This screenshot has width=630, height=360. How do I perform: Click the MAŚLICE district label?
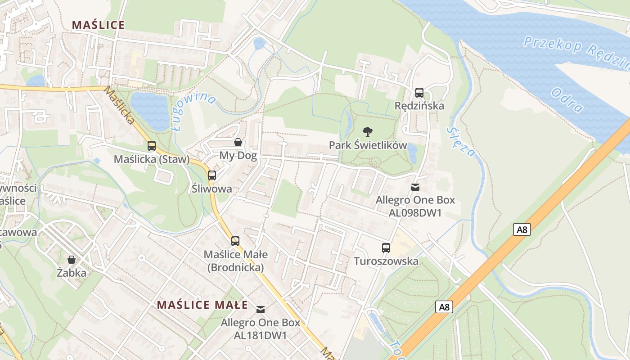point(98,25)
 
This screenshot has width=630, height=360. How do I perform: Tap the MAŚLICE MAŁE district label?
point(202,305)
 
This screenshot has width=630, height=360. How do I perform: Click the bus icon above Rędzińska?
point(419,93)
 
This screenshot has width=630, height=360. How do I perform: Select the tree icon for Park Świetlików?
point(368,132)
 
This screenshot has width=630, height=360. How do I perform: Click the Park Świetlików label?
point(368,145)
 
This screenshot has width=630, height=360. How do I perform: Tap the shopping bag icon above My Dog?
point(238,143)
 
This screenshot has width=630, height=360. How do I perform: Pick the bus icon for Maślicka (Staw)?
point(152,146)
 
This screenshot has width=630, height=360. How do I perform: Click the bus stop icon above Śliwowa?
point(212,175)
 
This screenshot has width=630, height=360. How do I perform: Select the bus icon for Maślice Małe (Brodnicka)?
point(235,241)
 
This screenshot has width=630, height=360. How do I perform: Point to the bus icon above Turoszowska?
point(386,247)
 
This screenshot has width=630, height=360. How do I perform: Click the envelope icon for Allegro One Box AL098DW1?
point(415,187)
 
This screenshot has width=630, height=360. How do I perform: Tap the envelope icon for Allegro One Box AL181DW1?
point(261,309)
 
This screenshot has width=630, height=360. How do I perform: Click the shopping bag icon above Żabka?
point(72,260)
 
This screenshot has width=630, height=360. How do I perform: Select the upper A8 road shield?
point(522,229)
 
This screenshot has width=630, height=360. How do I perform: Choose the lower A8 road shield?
point(444,307)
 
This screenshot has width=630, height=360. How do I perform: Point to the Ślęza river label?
point(461,142)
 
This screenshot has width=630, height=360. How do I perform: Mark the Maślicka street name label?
point(119,105)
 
